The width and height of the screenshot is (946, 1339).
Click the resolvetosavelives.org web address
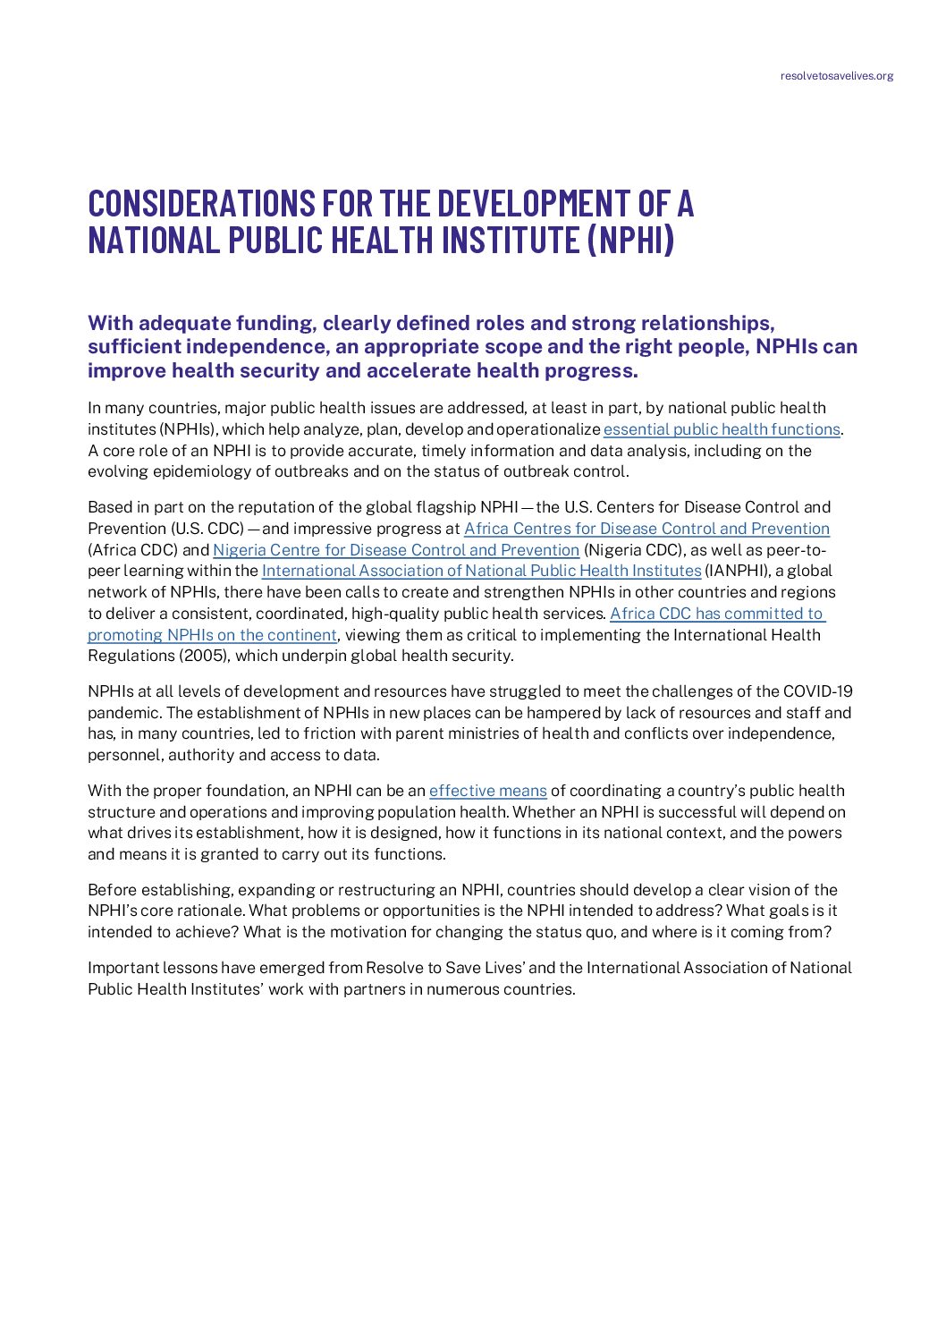[x=836, y=76]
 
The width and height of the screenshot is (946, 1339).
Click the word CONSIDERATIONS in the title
[x=202, y=204]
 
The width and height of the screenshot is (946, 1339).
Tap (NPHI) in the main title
[x=631, y=241]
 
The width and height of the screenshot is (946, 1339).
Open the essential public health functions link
[x=722, y=429]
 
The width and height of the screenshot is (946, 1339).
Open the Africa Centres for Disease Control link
[x=646, y=529]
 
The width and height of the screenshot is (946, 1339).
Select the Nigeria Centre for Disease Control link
[x=396, y=550]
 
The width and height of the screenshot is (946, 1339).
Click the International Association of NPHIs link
[x=481, y=571]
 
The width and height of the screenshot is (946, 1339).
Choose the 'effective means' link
[x=487, y=791]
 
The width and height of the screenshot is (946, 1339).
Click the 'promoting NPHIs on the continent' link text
[x=212, y=635]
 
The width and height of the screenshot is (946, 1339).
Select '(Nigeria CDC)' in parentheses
[x=634, y=550]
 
